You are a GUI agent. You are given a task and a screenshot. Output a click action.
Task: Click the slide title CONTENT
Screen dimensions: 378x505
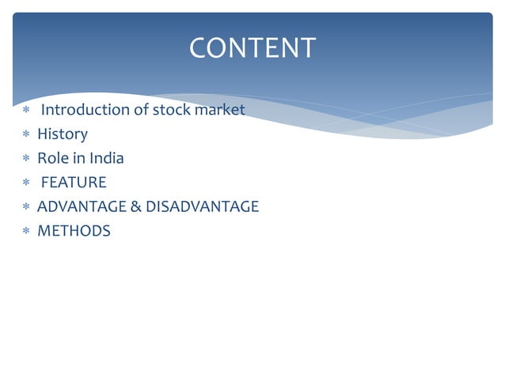click(252, 48)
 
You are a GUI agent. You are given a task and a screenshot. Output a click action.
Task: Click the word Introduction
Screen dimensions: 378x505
click(85, 110)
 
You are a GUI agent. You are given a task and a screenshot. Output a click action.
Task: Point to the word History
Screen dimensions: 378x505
click(63, 134)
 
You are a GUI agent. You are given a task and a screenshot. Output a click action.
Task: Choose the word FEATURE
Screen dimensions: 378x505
click(74, 183)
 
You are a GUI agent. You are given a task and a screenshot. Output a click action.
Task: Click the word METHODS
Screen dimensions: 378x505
click(74, 232)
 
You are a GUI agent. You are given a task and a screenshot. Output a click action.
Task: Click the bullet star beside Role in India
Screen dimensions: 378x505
click(26, 159)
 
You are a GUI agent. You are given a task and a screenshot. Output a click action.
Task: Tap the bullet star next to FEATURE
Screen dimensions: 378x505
click(26, 183)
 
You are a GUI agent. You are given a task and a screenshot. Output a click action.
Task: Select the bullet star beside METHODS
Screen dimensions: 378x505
click(26, 232)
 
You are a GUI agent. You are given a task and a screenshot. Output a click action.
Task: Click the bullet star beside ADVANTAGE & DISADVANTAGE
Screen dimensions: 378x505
click(26, 208)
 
